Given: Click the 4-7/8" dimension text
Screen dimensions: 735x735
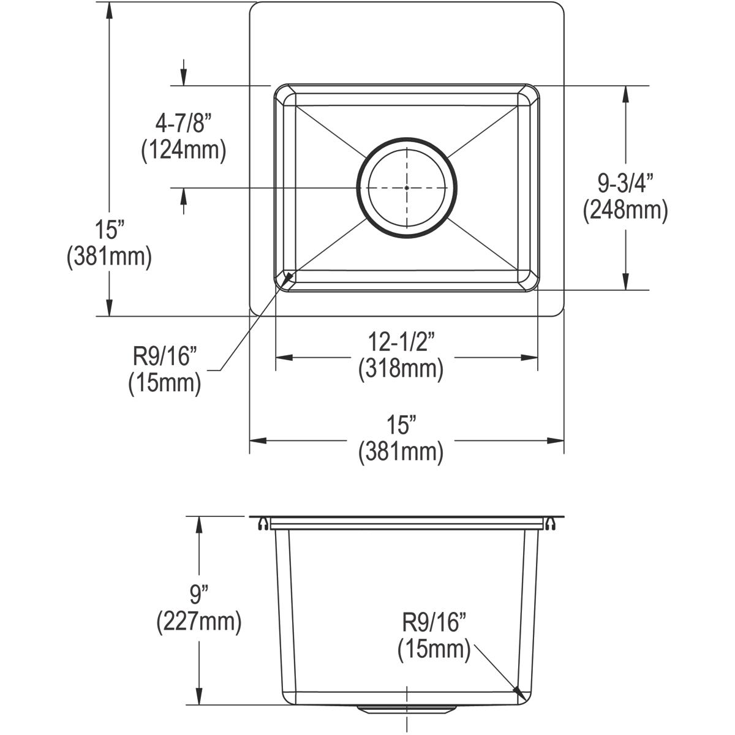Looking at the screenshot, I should pyautogui.click(x=183, y=124).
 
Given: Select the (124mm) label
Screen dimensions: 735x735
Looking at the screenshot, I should pyautogui.click(x=183, y=150).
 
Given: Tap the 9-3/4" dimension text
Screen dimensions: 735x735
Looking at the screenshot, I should pyautogui.click(x=625, y=183).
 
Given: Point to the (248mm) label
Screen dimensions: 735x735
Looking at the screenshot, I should pyautogui.click(x=625, y=210).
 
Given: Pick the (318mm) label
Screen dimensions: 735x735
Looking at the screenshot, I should pyautogui.click(x=401, y=368).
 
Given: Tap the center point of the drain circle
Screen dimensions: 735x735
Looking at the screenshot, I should pyautogui.click(x=407, y=187).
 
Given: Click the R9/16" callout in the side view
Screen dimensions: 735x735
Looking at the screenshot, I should pyautogui.click(x=434, y=624).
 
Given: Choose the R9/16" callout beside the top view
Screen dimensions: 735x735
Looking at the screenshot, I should pyautogui.click(x=165, y=356).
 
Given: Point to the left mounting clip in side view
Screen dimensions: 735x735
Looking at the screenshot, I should pyautogui.click(x=262, y=524).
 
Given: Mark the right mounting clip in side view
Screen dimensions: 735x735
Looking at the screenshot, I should pyautogui.click(x=551, y=524).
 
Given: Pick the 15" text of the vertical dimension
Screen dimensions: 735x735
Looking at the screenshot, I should pyautogui.click(x=110, y=230).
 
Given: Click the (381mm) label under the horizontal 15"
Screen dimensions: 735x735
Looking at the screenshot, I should pyautogui.click(x=401, y=452).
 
